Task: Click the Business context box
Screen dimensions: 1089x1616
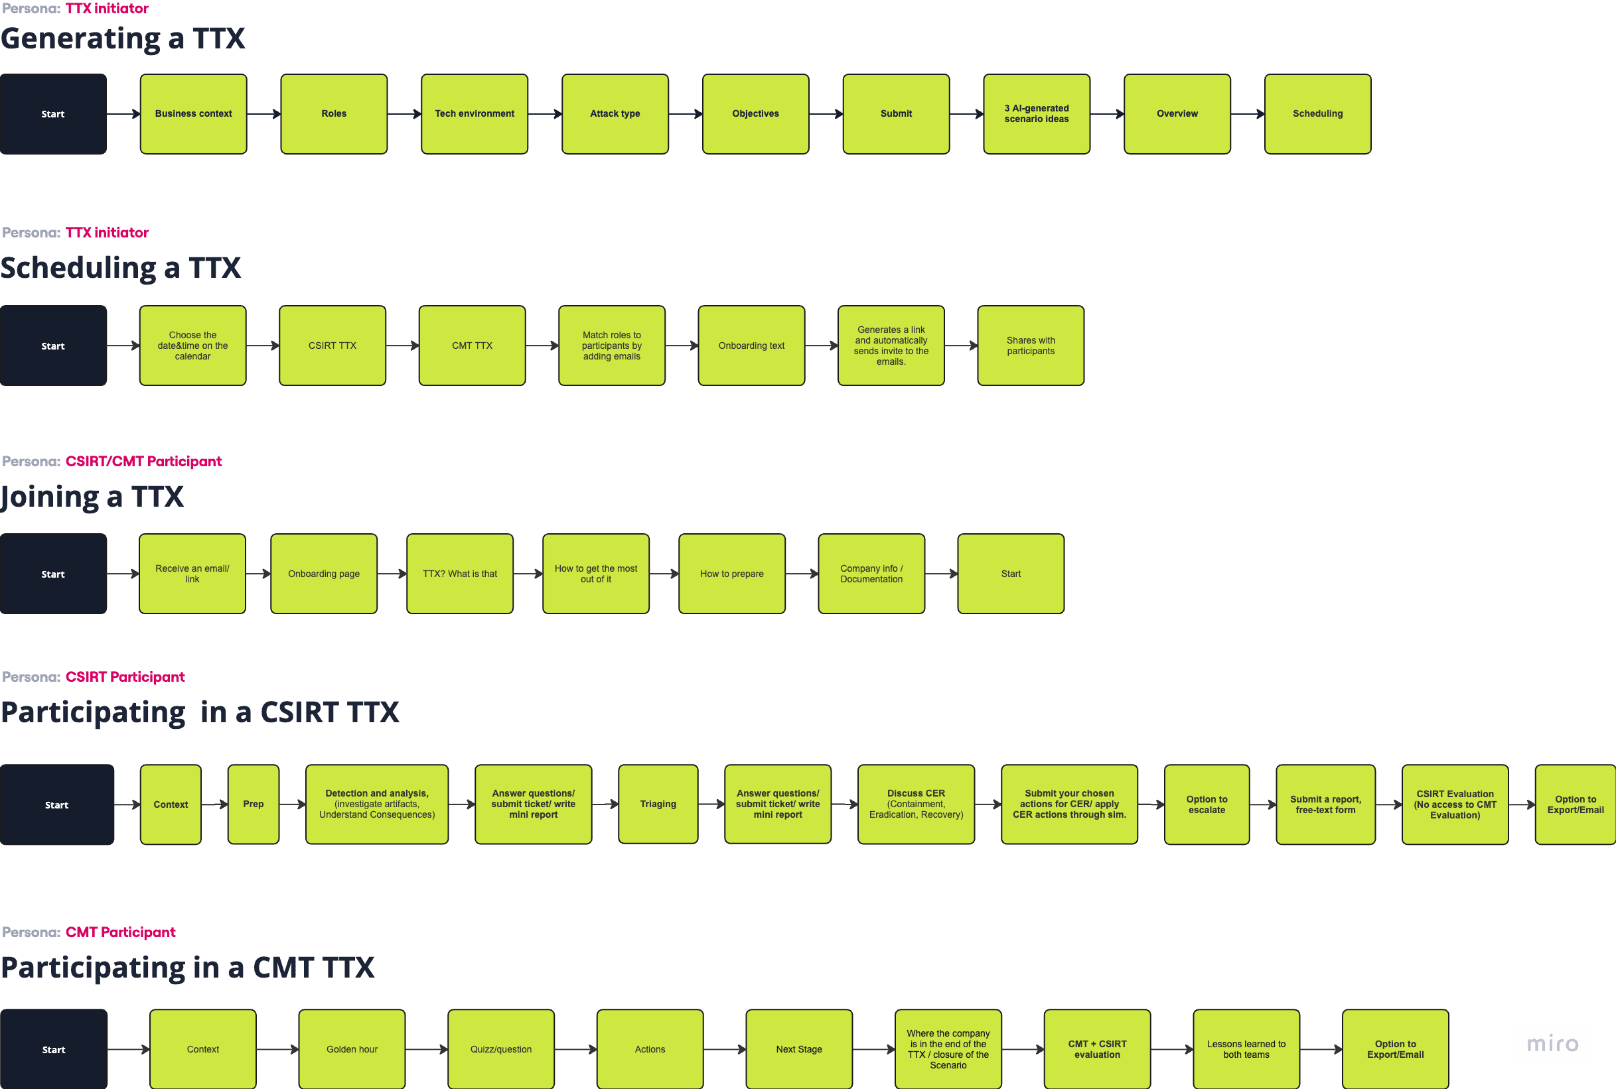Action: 193,114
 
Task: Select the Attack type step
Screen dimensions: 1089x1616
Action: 615,114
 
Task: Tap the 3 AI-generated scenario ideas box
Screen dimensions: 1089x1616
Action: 1036,114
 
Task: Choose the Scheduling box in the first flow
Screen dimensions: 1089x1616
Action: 1317,114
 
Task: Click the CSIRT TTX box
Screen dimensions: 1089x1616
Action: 332,346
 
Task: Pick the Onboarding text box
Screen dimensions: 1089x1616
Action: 751,346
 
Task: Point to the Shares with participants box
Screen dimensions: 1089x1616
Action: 1030,346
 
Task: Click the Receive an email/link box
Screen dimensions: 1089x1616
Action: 192,574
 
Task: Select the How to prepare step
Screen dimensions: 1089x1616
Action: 731,574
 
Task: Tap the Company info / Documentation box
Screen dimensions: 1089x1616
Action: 871,574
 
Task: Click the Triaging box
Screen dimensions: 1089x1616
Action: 657,804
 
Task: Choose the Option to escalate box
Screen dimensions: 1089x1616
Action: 1206,804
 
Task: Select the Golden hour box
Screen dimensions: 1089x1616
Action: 352,1049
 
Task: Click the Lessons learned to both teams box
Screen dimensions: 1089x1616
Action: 1246,1049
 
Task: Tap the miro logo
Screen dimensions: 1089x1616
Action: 1552,1043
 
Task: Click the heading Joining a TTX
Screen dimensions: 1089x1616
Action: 92,497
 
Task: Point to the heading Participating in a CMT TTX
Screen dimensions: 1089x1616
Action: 188,968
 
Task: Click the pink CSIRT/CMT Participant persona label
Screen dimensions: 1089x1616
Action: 144,461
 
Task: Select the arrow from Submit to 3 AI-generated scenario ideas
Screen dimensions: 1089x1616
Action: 966,114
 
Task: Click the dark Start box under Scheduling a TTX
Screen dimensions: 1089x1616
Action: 54,346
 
